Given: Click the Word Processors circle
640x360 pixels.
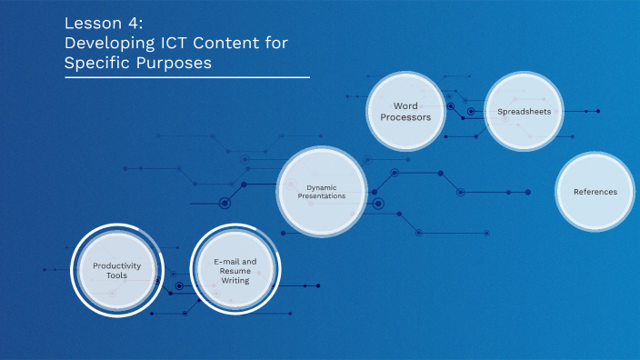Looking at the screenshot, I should click(x=405, y=111).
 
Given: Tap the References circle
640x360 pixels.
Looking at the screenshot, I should click(x=595, y=192).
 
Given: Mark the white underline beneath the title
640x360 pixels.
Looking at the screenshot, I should click(x=186, y=78).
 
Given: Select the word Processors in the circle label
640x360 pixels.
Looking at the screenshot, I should click(x=405, y=117).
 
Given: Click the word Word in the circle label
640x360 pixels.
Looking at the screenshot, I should click(x=405, y=105).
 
